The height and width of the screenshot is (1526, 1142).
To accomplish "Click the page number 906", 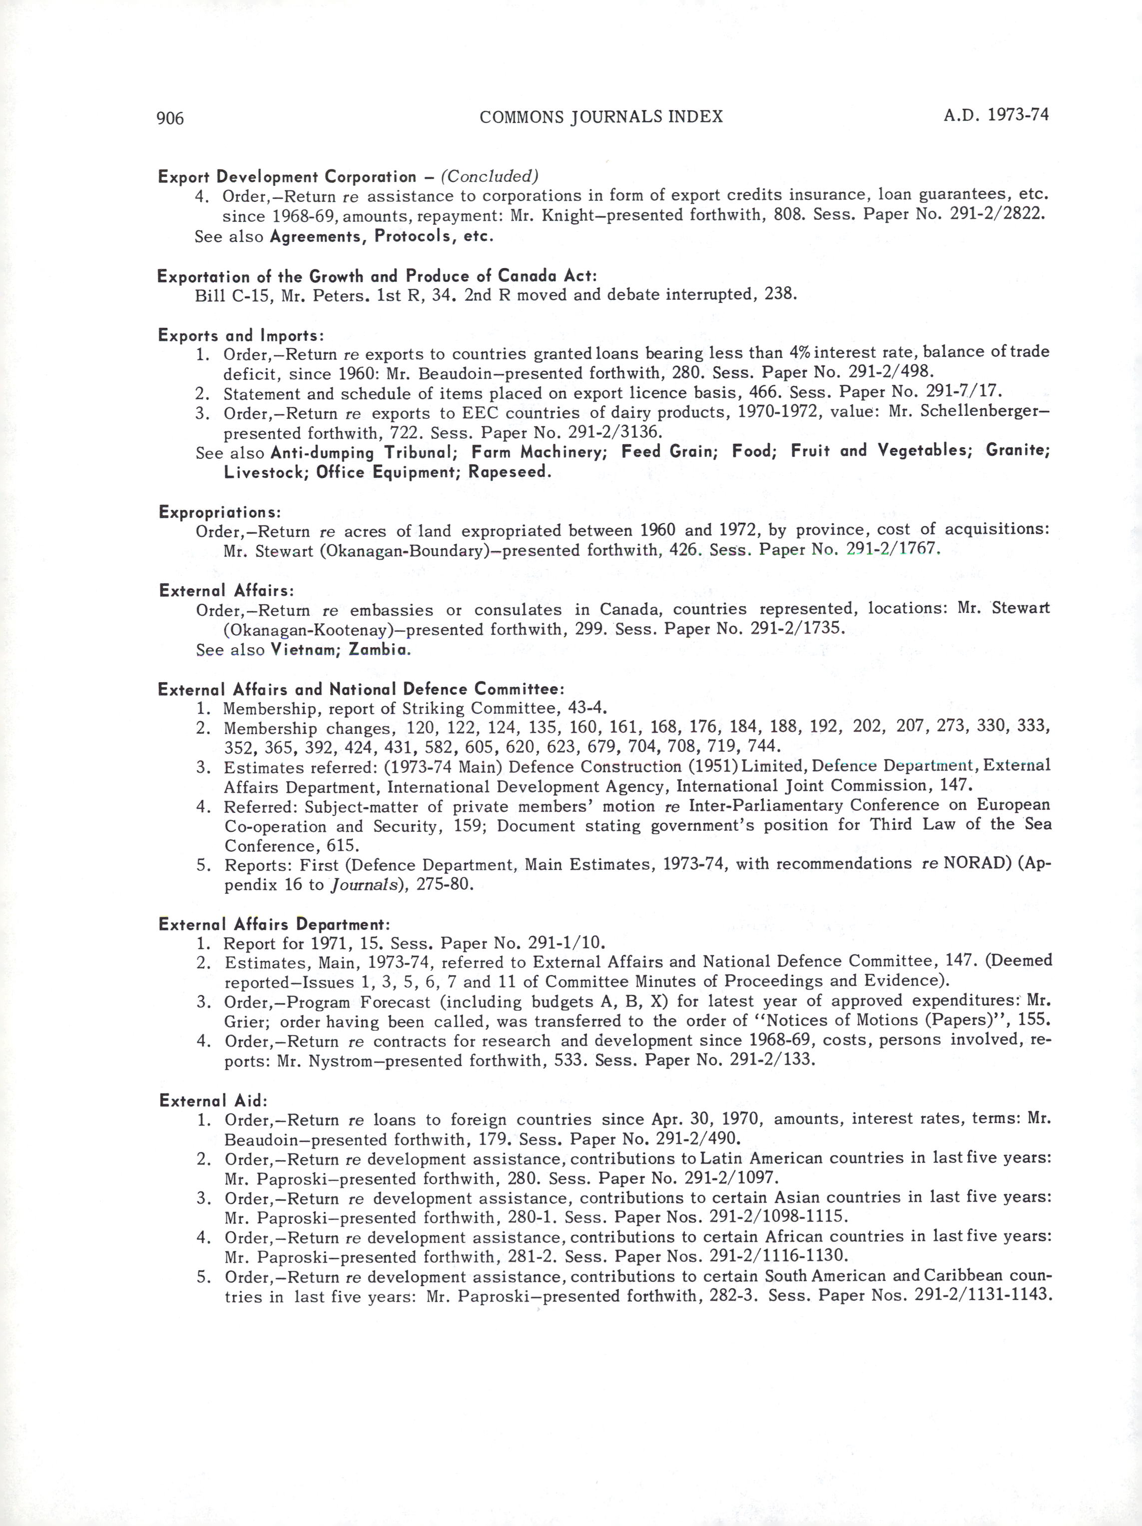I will [170, 118].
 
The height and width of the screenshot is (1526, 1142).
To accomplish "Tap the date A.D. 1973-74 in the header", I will [996, 114].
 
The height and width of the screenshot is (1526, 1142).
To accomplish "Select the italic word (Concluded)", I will [489, 176].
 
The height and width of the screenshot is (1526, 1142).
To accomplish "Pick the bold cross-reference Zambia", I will [379, 649].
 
